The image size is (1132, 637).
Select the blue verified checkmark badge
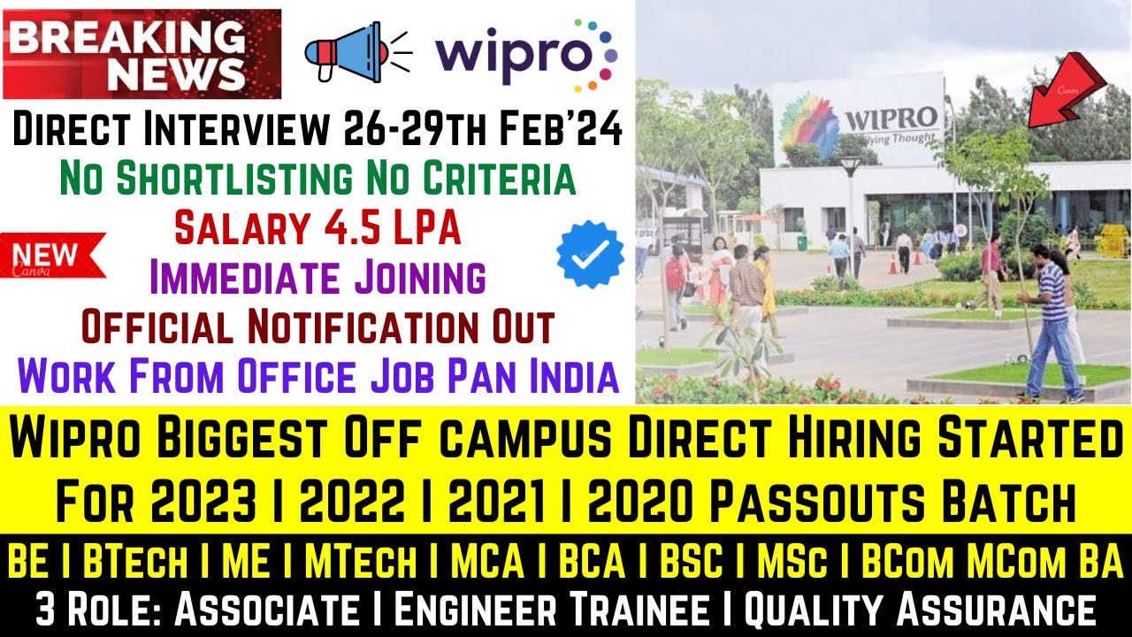[590, 254]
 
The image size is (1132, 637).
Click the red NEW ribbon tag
[53, 256]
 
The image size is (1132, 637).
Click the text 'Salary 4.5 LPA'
[317, 229]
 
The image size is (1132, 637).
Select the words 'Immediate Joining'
[317, 278]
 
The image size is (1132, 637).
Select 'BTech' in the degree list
[138, 560]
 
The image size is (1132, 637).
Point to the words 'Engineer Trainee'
[548, 610]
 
